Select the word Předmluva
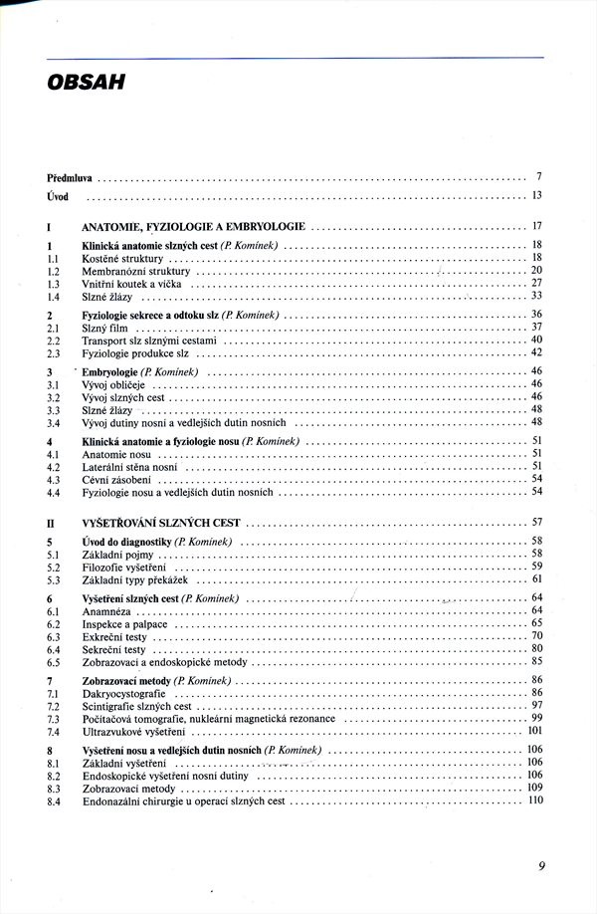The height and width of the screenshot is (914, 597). point(70,177)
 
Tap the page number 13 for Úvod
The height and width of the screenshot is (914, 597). point(536,195)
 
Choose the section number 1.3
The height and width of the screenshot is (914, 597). point(55,284)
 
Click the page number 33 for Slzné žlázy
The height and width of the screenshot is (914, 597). point(536,296)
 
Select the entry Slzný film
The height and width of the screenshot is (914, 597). point(105,327)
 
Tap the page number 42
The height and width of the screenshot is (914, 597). point(536,352)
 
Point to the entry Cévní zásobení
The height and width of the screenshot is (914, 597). point(116,479)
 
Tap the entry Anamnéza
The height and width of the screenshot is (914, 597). point(108,610)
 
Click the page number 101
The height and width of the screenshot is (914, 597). point(534,732)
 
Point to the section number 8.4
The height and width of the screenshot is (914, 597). point(55,800)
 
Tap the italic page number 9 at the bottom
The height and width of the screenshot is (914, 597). point(541,865)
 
